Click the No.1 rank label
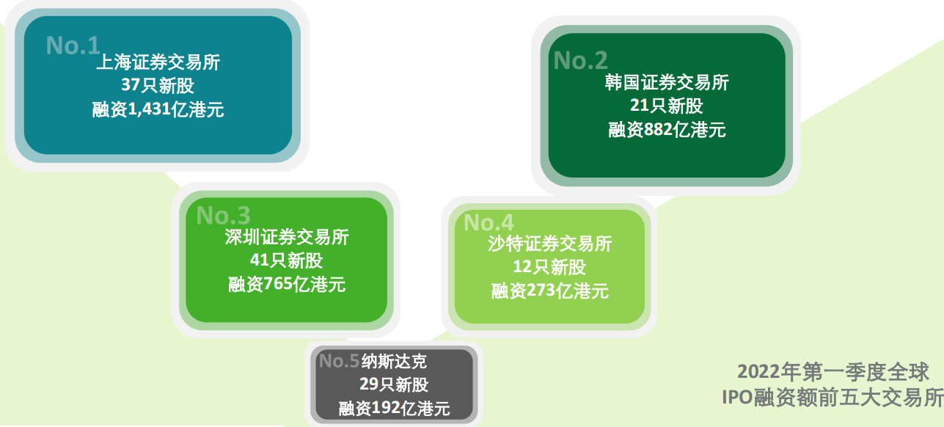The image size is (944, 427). pos(72,45)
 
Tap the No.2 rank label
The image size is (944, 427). pos(580,60)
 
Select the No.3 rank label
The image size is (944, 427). pos(223,215)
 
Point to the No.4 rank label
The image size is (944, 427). pos(489,222)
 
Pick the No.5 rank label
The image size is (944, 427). pos(339,361)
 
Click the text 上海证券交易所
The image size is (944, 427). pos(158,63)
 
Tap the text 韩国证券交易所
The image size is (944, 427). pos(667,82)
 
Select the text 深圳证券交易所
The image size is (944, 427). pos(287,237)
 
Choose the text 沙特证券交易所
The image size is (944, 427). pos(549,244)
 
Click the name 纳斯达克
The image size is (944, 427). pos(394,361)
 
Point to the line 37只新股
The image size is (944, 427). pos(158,86)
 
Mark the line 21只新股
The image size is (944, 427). pos(667,106)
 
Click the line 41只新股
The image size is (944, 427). pos(287,260)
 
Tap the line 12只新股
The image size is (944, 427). pos(549,267)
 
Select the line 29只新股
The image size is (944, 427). pos(394,384)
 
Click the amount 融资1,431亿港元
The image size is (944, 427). pos(158,110)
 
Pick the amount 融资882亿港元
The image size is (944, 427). pos(667,130)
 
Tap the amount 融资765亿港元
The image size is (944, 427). pos(287,285)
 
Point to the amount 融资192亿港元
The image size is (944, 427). pos(394,409)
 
